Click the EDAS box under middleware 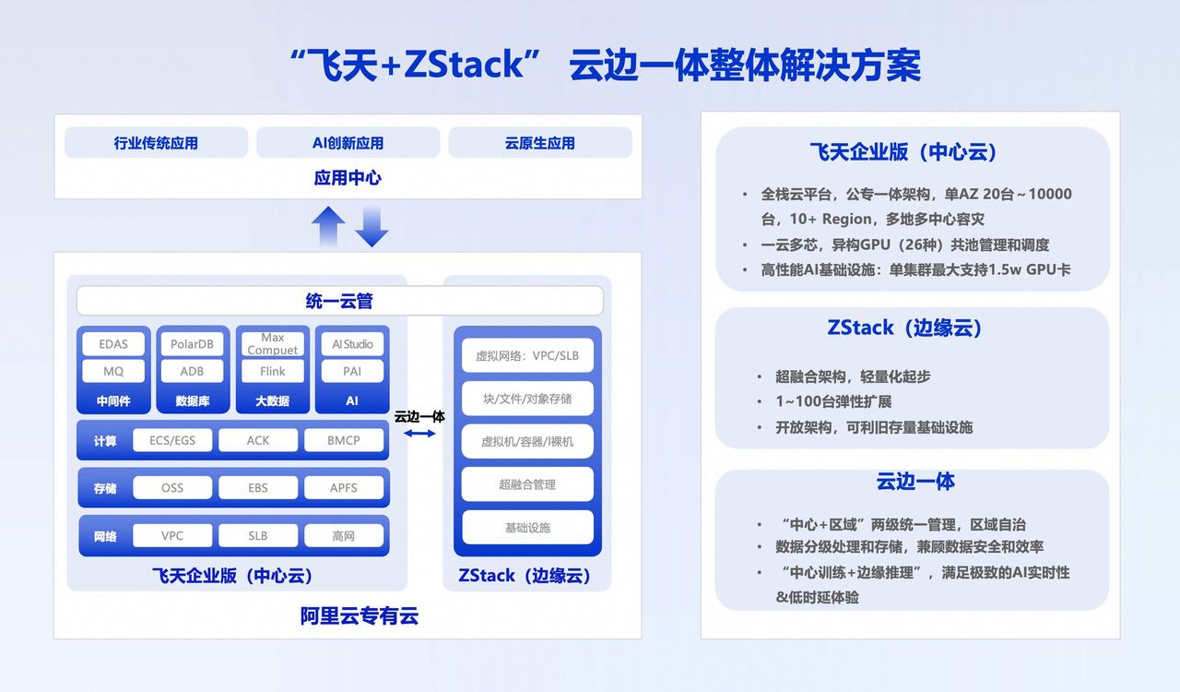pos(113,344)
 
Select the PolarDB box pos(192,344)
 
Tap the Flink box pos(272,371)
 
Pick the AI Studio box pos(352,344)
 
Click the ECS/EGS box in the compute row pos(172,440)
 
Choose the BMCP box pos(343,440)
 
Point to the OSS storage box pos(172,488)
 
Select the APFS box pos(343,488)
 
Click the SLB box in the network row pos(258,536)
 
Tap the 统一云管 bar pos(339,301)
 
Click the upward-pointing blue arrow pos(328,226)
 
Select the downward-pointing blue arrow pos(372,227)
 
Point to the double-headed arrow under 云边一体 pos(419,433)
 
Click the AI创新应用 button pos(348,143)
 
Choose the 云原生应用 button pos(540,143)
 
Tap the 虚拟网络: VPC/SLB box pos(527,355)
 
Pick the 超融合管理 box pos(527,484)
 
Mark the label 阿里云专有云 pos(360,616)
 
